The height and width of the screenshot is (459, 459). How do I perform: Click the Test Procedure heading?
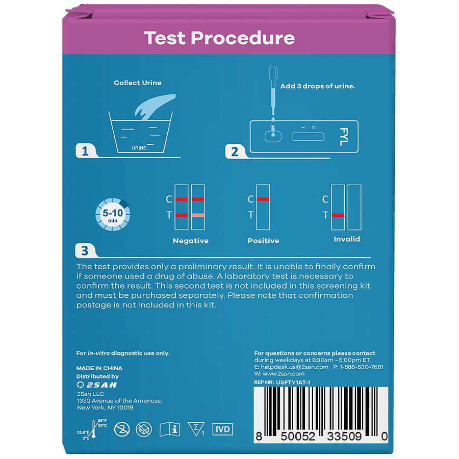point(219,38)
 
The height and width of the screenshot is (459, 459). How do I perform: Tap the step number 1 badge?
point(85,151)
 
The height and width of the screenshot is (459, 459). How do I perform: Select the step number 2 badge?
point(235,151)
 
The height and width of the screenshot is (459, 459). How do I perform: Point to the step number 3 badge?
point(85,250)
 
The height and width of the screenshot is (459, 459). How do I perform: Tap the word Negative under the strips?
point(191,241)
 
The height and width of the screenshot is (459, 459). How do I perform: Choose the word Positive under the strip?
point(263,241)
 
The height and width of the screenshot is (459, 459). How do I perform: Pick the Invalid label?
point(347,239)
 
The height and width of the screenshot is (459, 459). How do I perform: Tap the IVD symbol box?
point(222,429)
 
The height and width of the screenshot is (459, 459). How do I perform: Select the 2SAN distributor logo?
point(95,385)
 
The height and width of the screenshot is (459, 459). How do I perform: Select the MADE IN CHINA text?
point(99,368)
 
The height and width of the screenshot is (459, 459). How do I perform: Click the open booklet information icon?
point(170,429)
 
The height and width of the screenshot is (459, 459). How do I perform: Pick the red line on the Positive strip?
point(263,199)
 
